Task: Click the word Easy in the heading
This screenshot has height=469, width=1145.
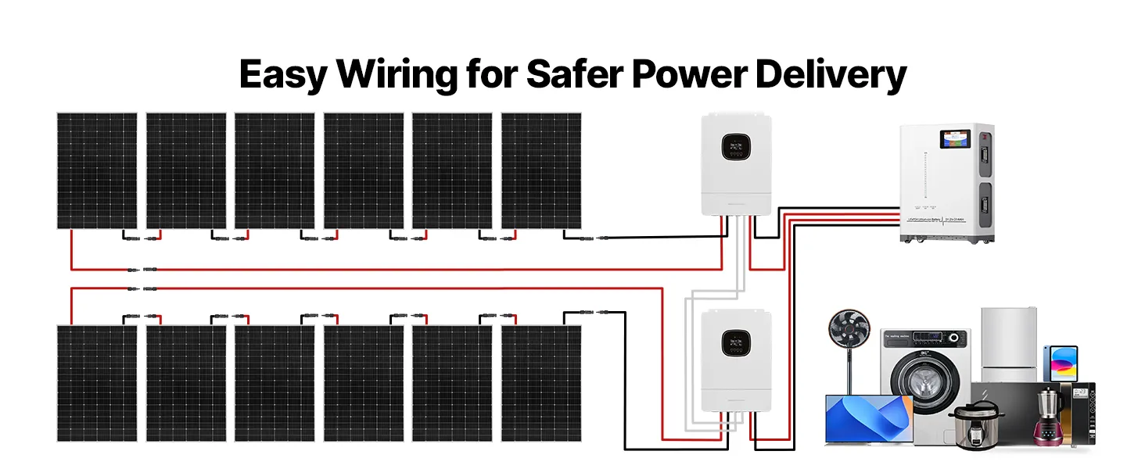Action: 282,76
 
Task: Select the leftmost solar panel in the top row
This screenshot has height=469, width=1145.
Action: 97,171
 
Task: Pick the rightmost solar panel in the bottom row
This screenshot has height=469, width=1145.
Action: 541,383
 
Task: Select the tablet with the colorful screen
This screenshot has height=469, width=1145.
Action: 1060,363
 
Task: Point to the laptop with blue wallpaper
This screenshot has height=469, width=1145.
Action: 869,418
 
